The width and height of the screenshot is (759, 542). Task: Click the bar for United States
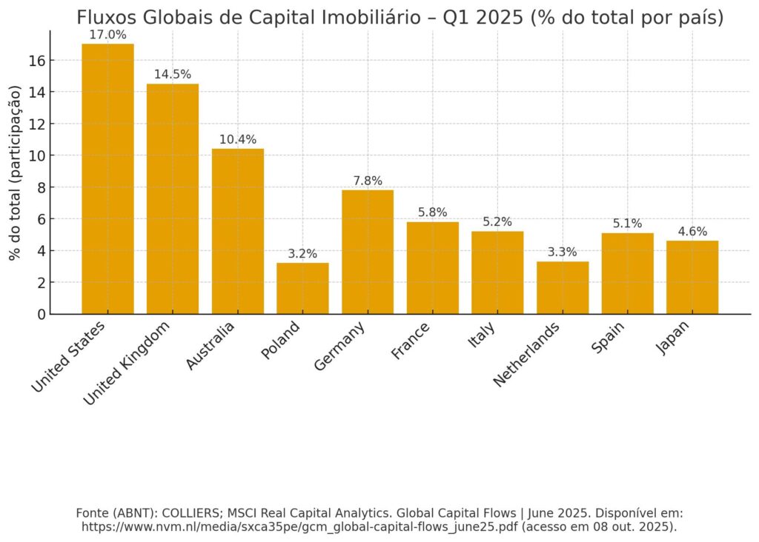coord(107,178)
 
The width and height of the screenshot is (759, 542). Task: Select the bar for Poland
coord(302,288)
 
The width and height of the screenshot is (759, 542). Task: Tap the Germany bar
coord(368,252)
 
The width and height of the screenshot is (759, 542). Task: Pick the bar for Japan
coord(692,277)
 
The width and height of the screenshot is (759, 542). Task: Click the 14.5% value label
coord(173,75)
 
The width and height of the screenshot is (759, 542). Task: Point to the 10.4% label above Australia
coord(238,139)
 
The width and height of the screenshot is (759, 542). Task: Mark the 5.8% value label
coord(433,213)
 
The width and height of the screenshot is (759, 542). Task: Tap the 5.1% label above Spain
coord(627,224)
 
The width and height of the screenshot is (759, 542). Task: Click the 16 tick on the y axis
coord(38,60)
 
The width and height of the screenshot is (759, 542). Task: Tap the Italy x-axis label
coord(481,334)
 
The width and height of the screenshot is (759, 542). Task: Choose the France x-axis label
coord(411,341)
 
